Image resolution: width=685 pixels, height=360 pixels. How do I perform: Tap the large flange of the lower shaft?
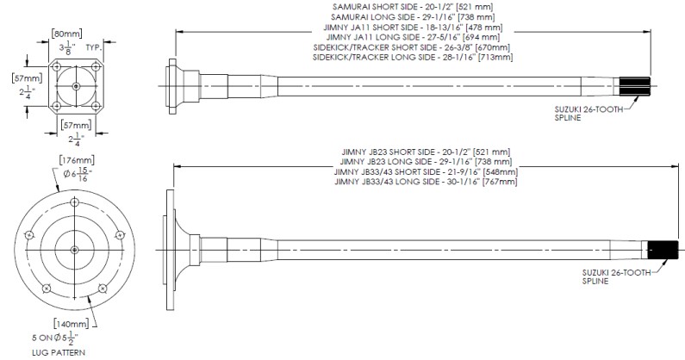tap(163, 250)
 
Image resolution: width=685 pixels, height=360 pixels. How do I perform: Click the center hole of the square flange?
tap(75, 87)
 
